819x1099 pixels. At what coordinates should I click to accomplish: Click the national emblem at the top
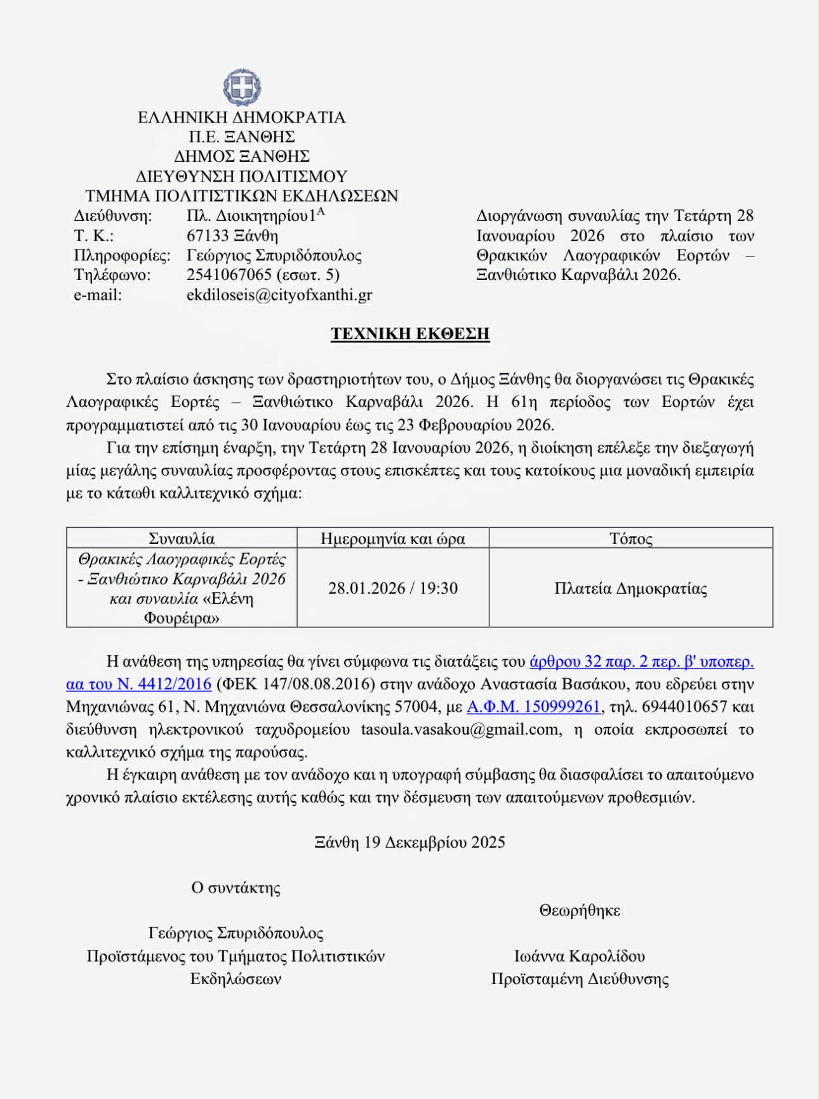coord(242,88)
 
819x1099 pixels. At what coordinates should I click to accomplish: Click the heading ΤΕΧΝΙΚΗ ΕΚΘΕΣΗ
coord(409,334)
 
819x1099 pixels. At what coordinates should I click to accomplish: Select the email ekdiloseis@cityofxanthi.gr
coord(279,295)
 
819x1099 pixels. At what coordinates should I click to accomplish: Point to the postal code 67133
coord(207,236)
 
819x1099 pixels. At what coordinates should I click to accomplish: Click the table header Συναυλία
coord(182,538)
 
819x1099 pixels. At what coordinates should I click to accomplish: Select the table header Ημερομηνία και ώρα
coord(392,538)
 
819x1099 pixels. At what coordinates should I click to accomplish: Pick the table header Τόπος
coord(630,538)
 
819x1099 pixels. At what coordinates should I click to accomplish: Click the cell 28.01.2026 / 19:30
coord(392,588)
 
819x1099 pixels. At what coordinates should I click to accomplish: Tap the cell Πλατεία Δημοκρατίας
coord(630,588)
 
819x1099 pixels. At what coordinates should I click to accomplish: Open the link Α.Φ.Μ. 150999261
coord(533,707)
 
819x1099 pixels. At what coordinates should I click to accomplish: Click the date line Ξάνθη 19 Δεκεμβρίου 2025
coord(409,843)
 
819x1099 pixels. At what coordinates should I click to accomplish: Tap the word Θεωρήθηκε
coord(580,910)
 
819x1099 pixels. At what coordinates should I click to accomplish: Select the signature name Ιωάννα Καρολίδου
coord(580,956)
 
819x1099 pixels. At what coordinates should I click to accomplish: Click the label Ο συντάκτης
coord(236,888)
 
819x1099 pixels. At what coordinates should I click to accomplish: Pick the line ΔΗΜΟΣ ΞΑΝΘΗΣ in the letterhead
coord(242,156)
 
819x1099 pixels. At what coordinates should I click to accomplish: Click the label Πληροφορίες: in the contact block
coord(122,255)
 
